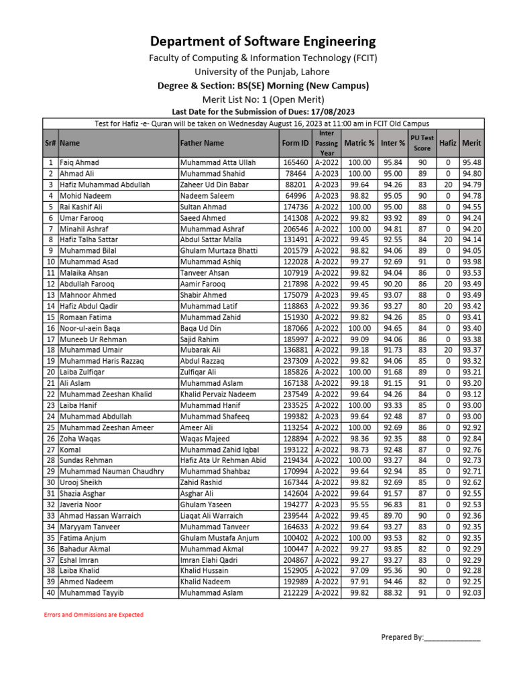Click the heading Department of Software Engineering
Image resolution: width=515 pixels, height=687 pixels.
click(x=262, y=41)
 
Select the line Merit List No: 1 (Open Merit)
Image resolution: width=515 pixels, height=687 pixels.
click(x=262, y=99)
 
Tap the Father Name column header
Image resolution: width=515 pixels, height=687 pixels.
click(x=202, y=143)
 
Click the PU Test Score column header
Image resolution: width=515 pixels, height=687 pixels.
click(x=422, y=143)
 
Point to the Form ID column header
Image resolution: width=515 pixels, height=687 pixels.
click(x=295, y=143)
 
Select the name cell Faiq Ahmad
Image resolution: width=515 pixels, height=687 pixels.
click(x=79, y=162)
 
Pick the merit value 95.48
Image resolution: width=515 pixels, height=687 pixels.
click(x=471, y=162)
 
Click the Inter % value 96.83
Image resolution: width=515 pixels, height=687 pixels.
click(x=392, y=504)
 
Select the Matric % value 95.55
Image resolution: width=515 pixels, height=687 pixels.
click(x=359, y=504)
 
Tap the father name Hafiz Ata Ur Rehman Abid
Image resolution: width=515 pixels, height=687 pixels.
click(x=223, y=460)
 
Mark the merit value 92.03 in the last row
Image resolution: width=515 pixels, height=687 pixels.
click(x=471, y=592)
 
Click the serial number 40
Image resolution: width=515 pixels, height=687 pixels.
click(x=50, y=592)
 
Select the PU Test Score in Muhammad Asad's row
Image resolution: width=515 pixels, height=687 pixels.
click(x=422, y=262)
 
